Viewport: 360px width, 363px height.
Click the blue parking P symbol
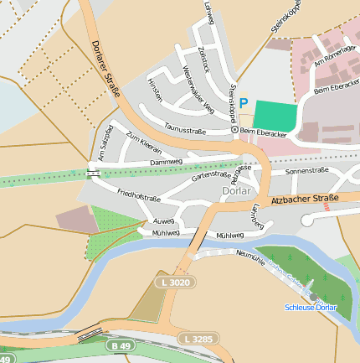pyautogui.click(x=244, y=103)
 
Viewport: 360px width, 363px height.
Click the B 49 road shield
pyautogui.click(x=119, y=345)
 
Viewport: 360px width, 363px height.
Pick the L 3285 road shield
pyautogui.click(x=198, y=339)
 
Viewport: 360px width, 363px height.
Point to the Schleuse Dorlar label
pyautogui.click(x=311, y=308)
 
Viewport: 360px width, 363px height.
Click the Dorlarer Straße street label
pyautogui.click(x=103, y=60)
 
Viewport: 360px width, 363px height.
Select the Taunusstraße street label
pyautogui.click(x=185, y=130)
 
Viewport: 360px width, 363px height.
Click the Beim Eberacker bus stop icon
pyautogui.click(x=234, y=131)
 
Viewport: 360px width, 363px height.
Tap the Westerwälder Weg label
pyautogui.click(x=198, y=92)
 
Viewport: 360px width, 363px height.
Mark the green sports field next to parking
pyautogui.click(x=275, y=115)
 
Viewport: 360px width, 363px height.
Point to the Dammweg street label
pyautogui.click(x=166, y=161)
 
